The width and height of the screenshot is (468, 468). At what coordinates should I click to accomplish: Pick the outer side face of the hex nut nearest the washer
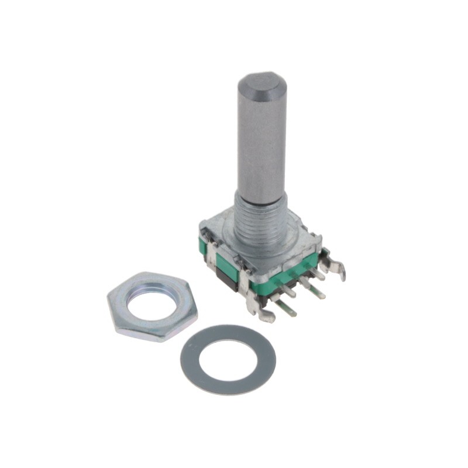click(175, 330)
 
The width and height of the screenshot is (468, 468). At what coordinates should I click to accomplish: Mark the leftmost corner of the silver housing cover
click(202, 223)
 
